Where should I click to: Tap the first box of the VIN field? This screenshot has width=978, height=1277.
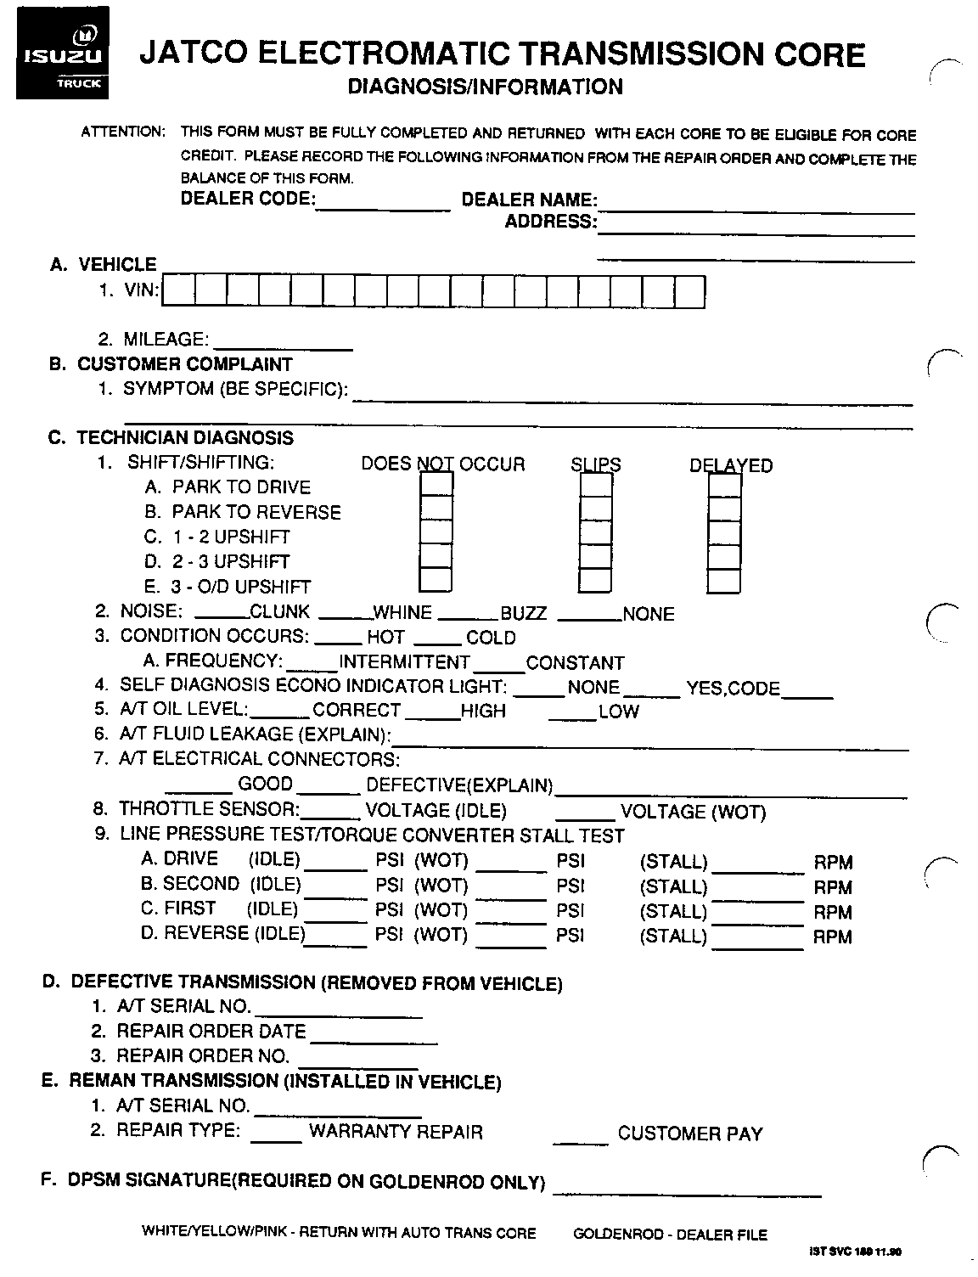[177, 291]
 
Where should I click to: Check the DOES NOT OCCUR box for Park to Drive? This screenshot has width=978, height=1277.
[436, 485]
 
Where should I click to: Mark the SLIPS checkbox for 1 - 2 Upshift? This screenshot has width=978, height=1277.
[596, 533]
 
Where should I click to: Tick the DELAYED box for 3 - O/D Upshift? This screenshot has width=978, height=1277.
[724, 582]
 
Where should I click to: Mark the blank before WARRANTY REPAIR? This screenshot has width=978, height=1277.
[277, 1137]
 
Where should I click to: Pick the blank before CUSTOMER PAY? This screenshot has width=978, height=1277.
[581, 1138]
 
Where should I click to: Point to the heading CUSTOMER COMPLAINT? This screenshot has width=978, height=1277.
[184, 364]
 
